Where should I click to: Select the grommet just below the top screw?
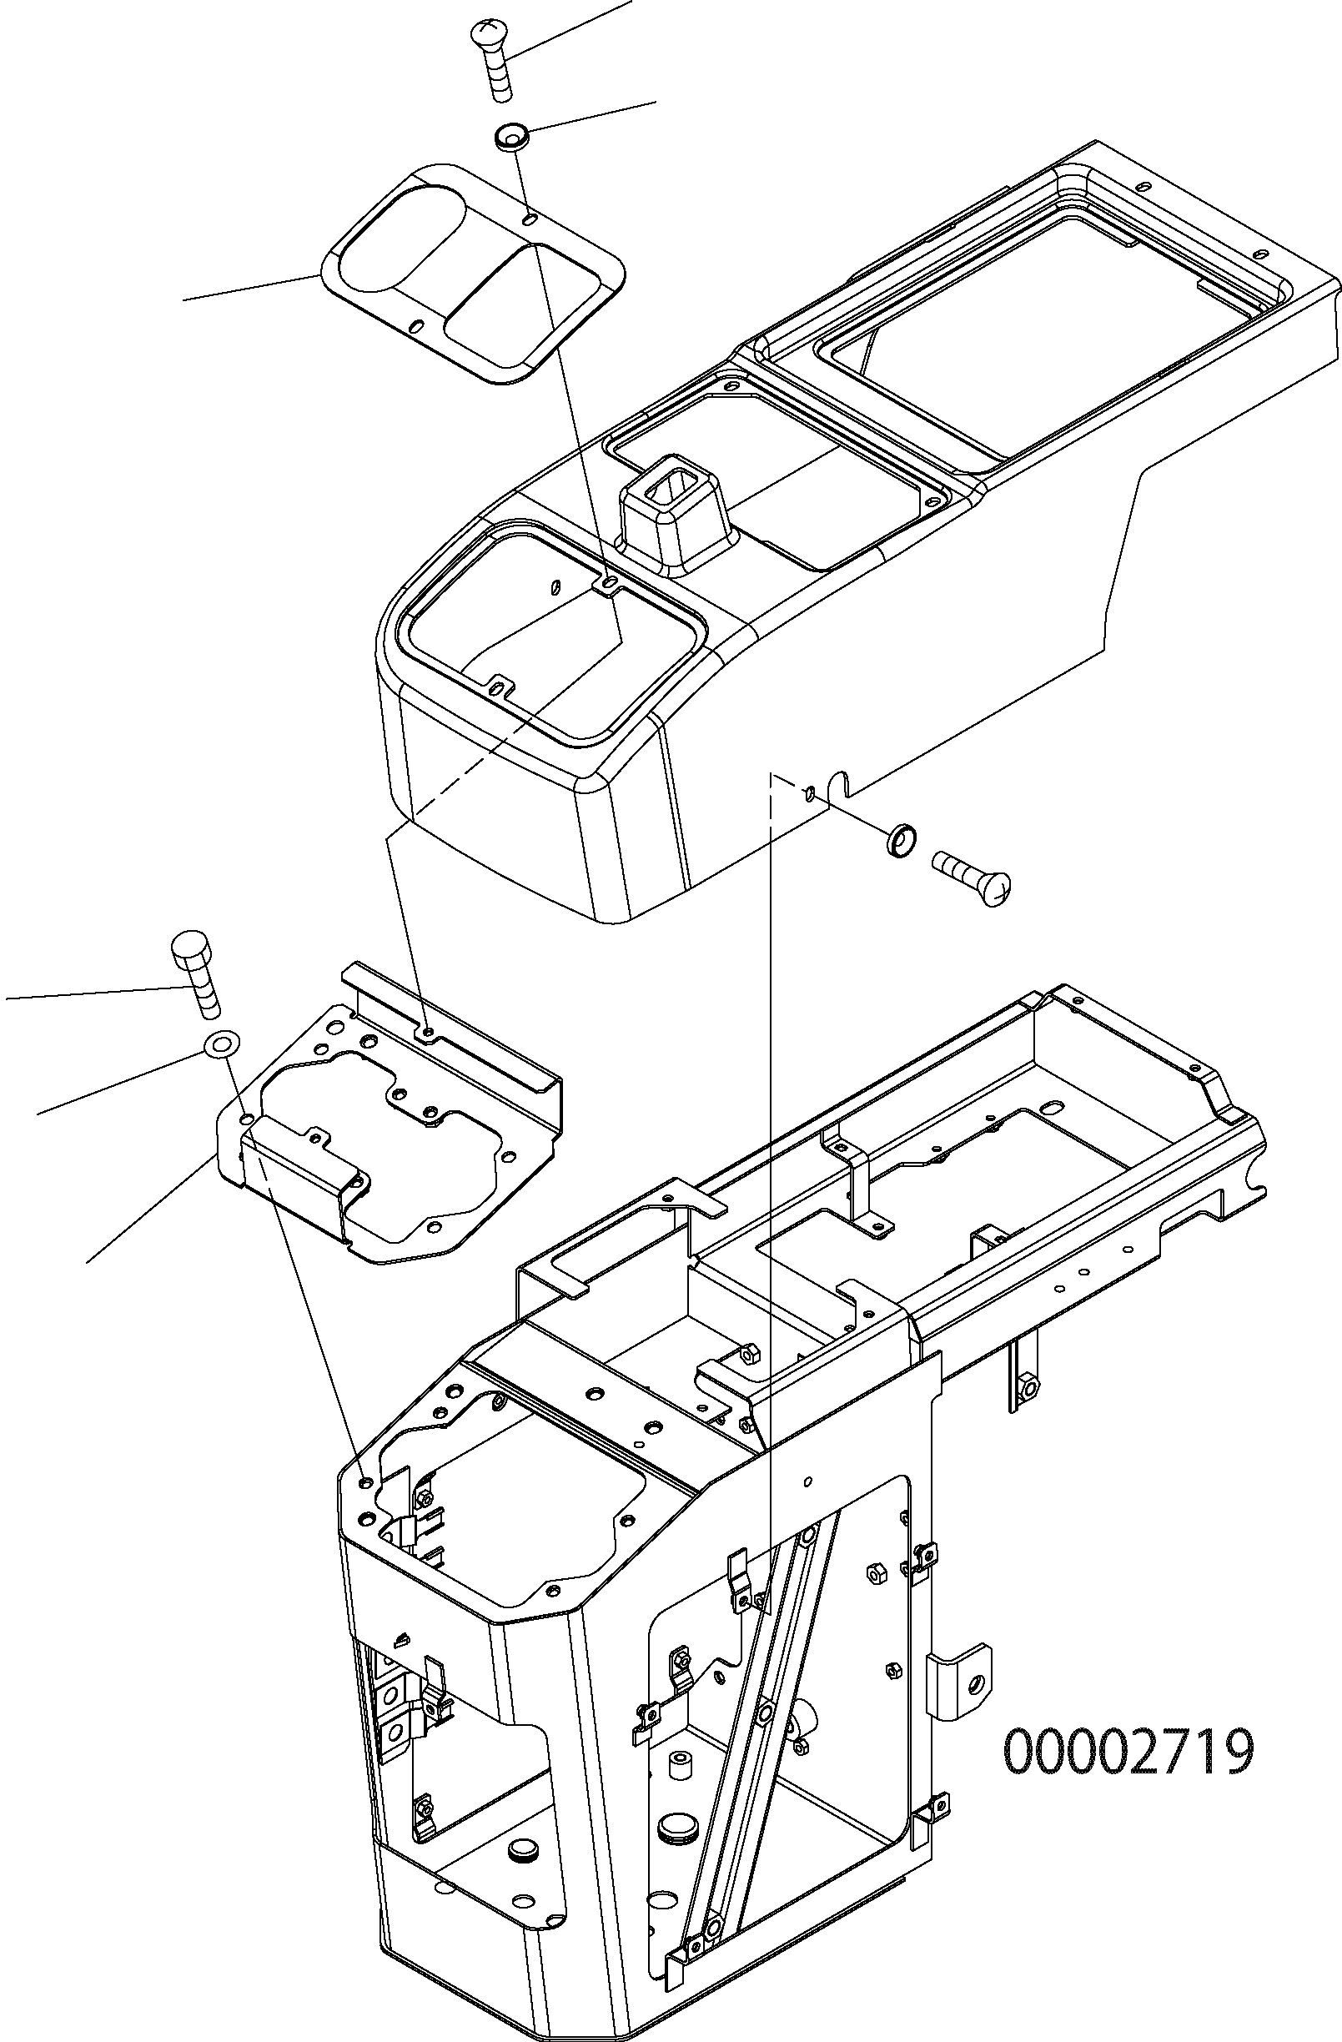[512, 137]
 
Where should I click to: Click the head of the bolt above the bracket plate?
[192, 948]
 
